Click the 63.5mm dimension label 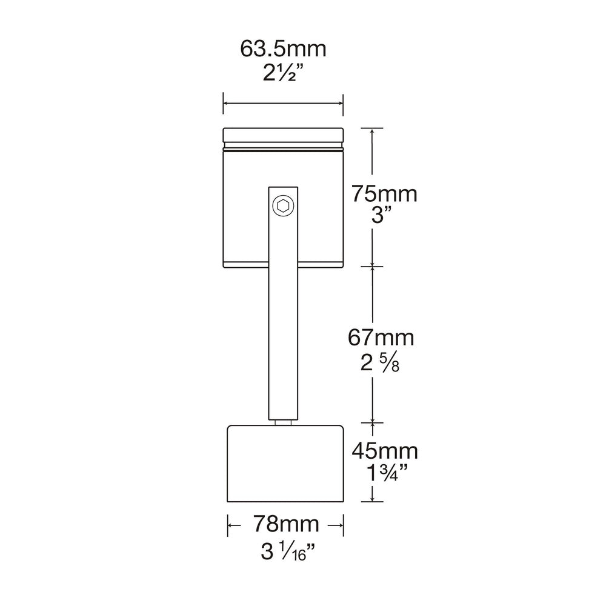point(283,49)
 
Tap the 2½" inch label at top point(283,74)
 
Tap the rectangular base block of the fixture point(286,464)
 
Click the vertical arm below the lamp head point(283,339)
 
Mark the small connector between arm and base point(283,423)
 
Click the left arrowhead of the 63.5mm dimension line point(227,104)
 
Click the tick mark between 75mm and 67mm point(372,266)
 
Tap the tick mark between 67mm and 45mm point(372,422)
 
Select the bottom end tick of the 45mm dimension point(372,502)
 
